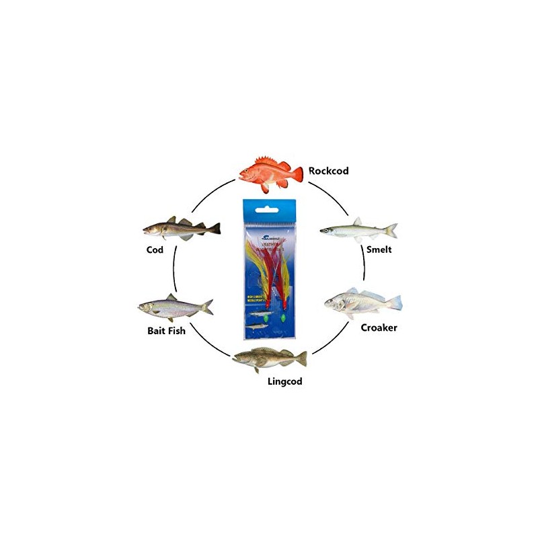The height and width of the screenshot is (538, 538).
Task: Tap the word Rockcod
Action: click(329, 170)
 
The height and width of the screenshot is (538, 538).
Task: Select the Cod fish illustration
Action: click(180, 229)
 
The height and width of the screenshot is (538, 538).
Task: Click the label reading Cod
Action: click(155, 248)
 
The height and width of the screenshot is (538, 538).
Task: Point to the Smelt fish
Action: click(357, 230)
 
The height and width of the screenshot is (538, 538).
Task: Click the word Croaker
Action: click(379, 328)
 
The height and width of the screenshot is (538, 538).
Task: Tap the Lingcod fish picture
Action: click(269, 358)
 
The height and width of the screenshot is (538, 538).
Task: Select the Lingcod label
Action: click(285, 381)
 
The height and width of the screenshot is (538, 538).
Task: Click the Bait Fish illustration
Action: click(174, 308)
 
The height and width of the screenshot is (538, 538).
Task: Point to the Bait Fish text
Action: click(167, 331)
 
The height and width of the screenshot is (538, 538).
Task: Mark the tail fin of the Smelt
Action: click(391, 230)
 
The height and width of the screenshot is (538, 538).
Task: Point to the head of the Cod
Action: click(152, 230)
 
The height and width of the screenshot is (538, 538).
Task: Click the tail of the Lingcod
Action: click(302, 358)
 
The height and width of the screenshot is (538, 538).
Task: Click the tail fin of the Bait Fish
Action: click(207, 307)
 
